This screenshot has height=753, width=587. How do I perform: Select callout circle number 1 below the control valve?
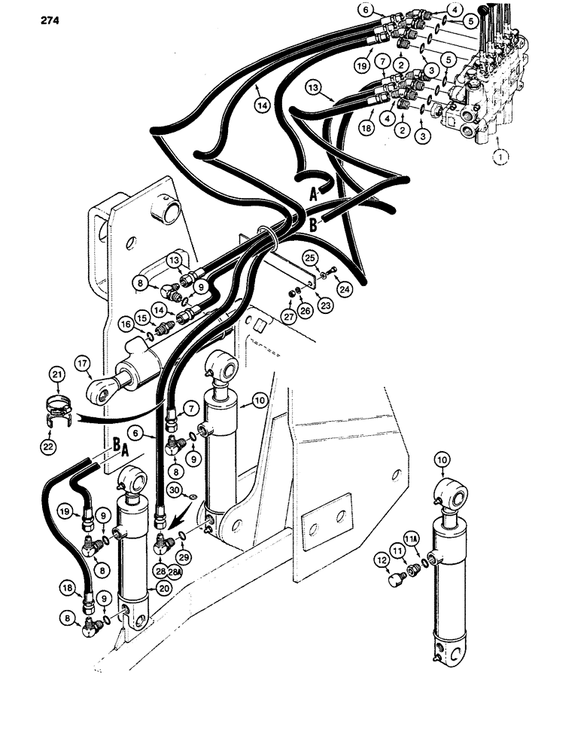(497, 157)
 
